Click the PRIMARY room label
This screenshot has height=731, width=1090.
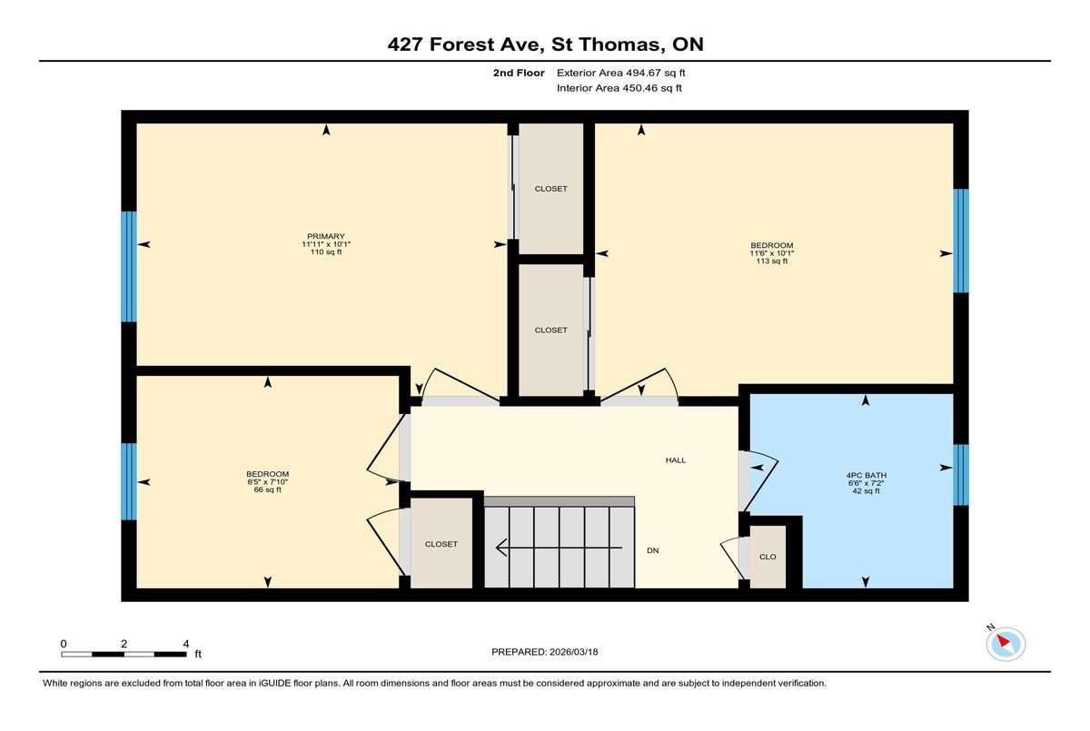point(325,236)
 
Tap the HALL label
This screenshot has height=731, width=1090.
point(676,460)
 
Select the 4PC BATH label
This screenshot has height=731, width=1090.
point(867,475)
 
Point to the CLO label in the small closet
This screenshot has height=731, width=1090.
point(768,557)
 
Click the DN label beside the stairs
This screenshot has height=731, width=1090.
point(652,550)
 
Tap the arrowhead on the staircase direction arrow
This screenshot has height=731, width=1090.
point(501,548)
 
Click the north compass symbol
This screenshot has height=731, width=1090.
point(1006,644)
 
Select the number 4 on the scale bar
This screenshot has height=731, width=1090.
point(186,644)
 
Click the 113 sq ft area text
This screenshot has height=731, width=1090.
point(772,262)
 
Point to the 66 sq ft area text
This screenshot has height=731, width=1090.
point(268,489)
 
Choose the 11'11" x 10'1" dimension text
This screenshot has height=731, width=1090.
point(326,244)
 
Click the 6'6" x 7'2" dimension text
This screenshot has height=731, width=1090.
point(867,483)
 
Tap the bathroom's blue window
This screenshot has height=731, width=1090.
point(961,475)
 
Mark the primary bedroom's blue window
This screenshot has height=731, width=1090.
point(129,267)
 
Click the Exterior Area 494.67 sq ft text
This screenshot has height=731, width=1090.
point(621,73)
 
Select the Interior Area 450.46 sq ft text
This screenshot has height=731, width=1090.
point(619,88)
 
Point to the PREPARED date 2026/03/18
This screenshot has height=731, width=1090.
point(574,652)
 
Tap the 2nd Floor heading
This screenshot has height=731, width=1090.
point(519,73)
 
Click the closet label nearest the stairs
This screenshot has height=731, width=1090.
point(441,544)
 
